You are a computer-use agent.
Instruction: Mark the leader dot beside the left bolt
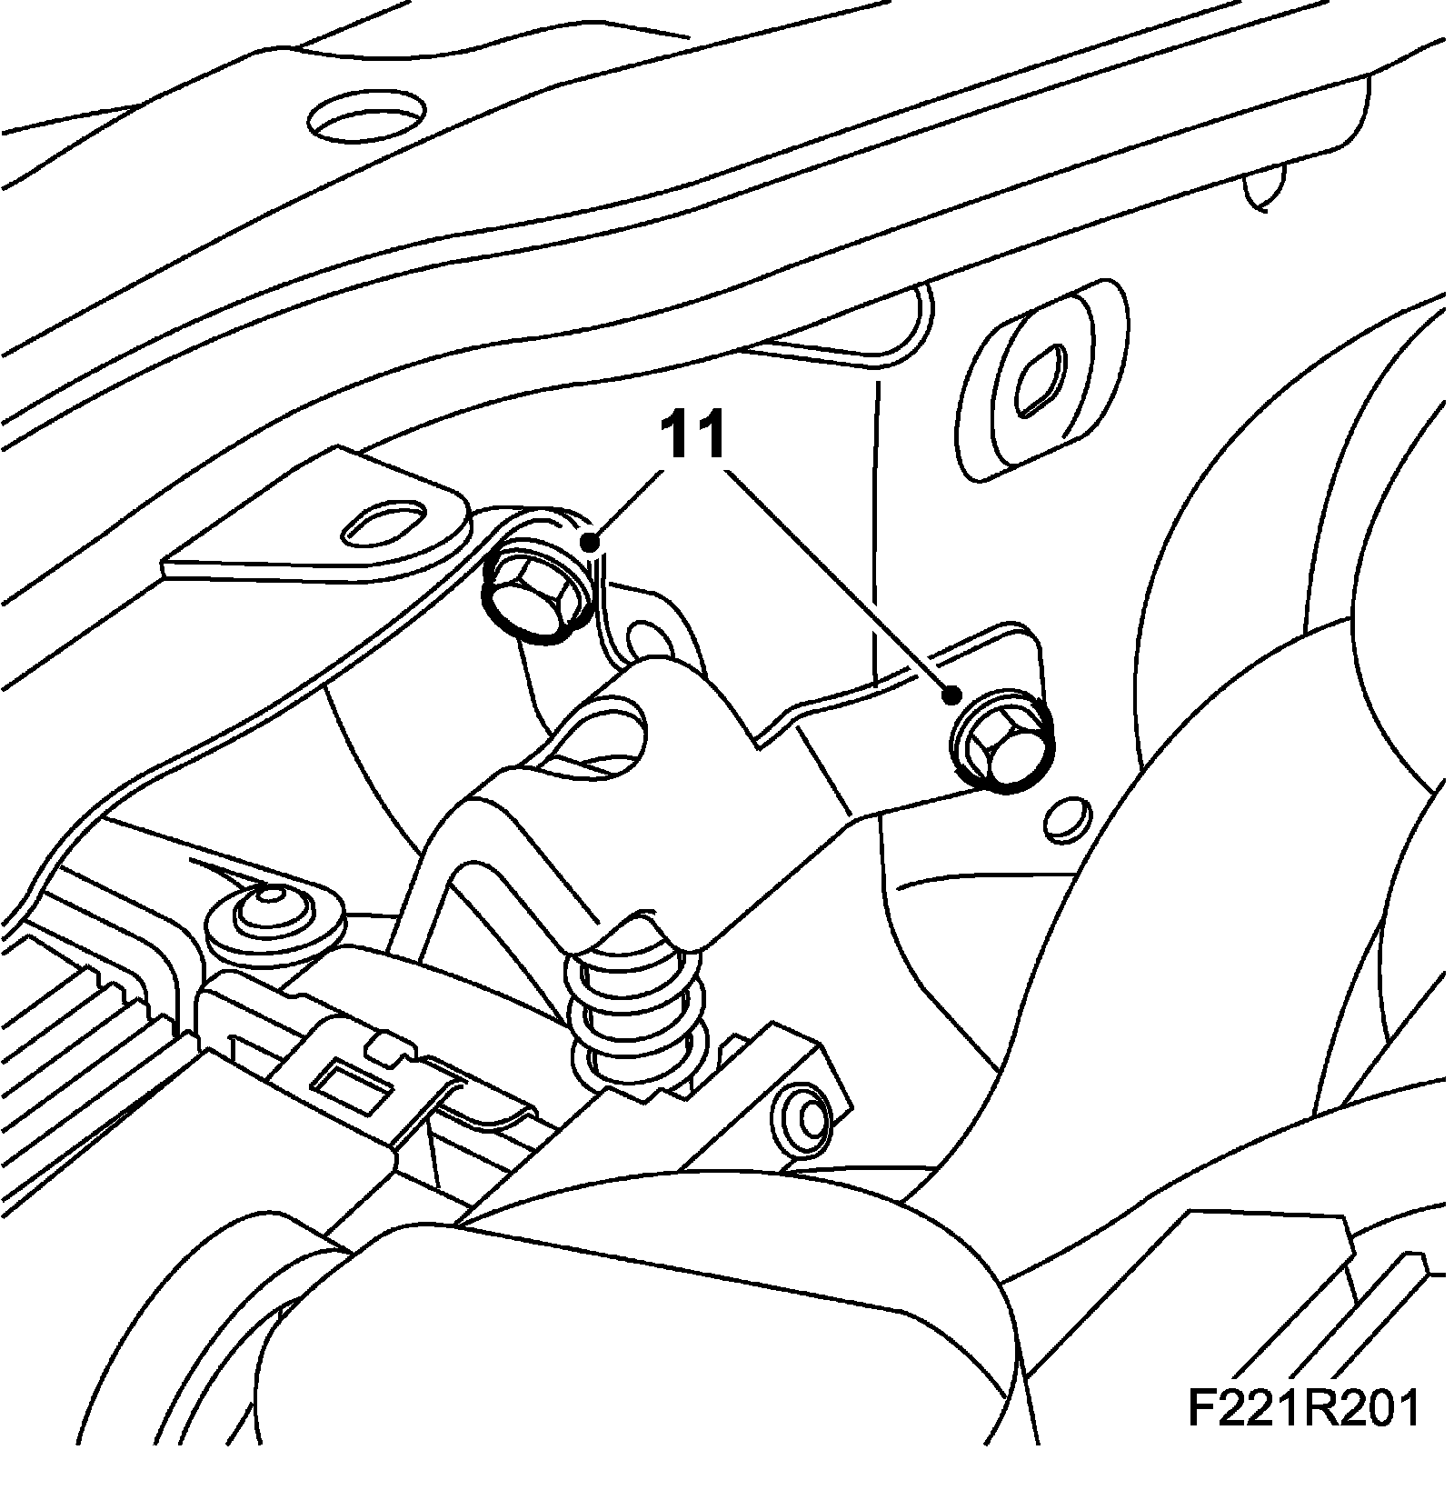coord(592,544)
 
